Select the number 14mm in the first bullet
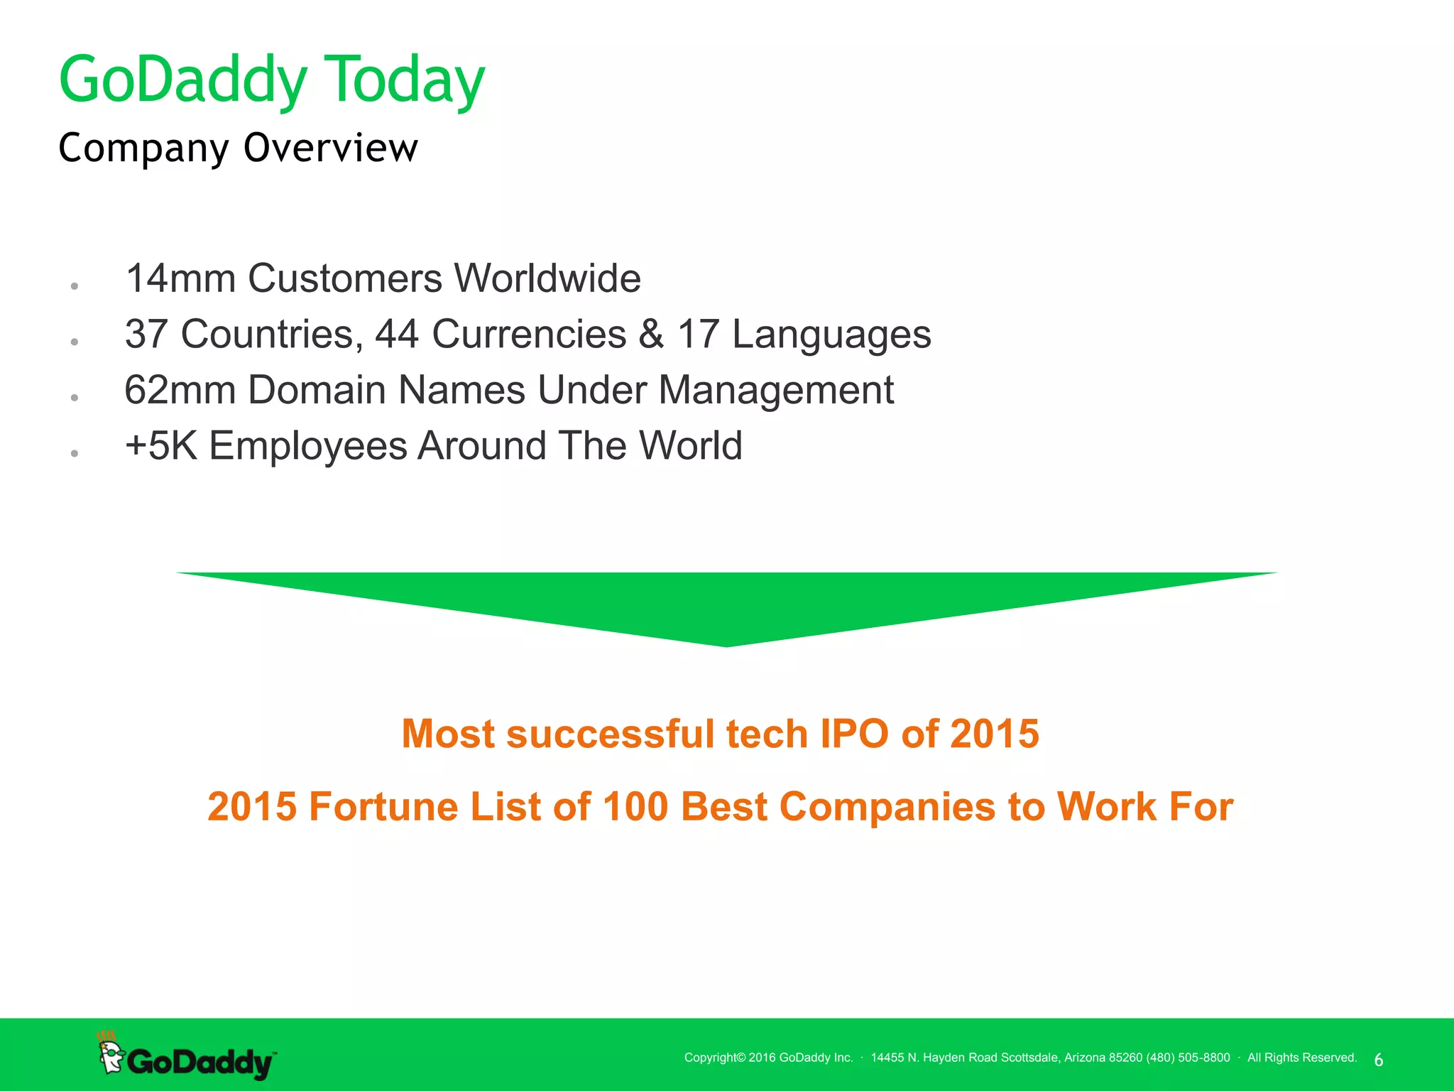click(180, 278)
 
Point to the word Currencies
click(529, 334)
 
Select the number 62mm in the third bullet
click(180, 390)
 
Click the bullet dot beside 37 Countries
click(74, 342)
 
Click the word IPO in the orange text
click(854, 734)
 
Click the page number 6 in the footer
click(1378, 1060)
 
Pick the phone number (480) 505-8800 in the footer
click(1187, 1058)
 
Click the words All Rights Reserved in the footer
click(1301, 1058)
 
